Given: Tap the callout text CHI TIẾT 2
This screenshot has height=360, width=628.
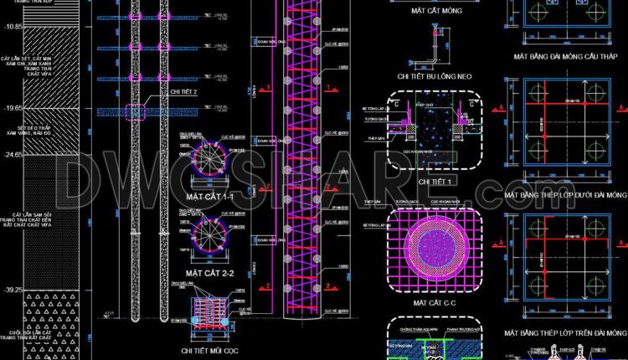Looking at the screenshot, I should [183, 93].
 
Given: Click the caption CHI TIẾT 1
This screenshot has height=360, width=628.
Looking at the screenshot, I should [435, 181].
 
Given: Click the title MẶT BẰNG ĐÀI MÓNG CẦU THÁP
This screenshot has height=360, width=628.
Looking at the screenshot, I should [565, 58].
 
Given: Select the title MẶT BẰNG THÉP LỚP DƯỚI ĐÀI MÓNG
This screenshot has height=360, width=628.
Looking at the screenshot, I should [565, 194].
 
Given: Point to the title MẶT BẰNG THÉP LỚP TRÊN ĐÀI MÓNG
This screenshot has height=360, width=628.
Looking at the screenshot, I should [565, 332].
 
